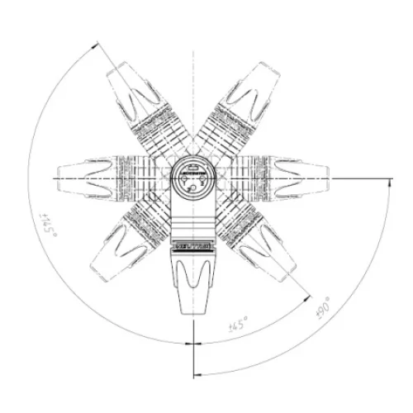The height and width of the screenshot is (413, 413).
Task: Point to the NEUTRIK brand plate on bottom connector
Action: point(192,245)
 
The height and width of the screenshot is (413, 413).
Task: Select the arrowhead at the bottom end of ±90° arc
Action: point(198,374)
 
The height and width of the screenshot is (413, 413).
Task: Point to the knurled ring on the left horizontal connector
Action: point(124,178)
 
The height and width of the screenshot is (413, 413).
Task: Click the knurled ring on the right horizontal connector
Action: point(259,178)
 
